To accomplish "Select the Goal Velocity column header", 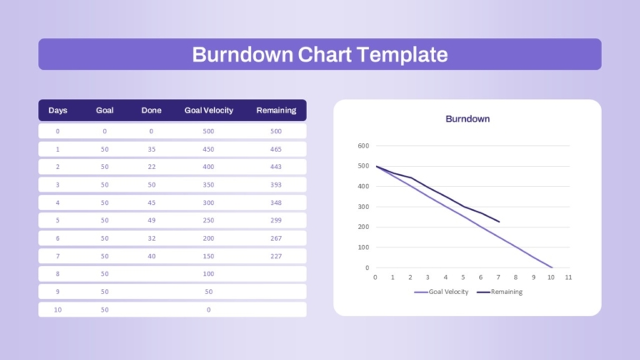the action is [x=208, y=110].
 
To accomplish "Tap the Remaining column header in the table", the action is [x=276, y=110].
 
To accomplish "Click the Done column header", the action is [x=151, y=110].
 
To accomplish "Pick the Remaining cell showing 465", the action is [x=276, y=149].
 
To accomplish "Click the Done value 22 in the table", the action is [x=152, y=167].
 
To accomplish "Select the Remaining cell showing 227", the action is [x=276, y=256].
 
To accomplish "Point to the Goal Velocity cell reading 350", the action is [x=208, y=184].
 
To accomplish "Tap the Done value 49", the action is [x=152, y=220].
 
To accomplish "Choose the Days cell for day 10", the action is [x=57, y=309].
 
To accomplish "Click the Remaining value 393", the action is [x=276, y=184].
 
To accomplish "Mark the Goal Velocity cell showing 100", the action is [x=208, y=273].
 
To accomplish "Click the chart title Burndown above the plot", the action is [x=467, y=119].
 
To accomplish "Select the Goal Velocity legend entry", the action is [x=441, y=292].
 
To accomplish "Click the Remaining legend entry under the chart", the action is [x=500, y=292].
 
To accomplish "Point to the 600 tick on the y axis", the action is [x=363, y=146].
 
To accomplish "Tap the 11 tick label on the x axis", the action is [x=568, y=277].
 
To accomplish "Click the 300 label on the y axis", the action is [x=363, y=207].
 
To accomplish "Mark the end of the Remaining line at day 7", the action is [x=499, y=222].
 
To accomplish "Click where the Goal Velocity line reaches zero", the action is [x=552, y=267].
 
